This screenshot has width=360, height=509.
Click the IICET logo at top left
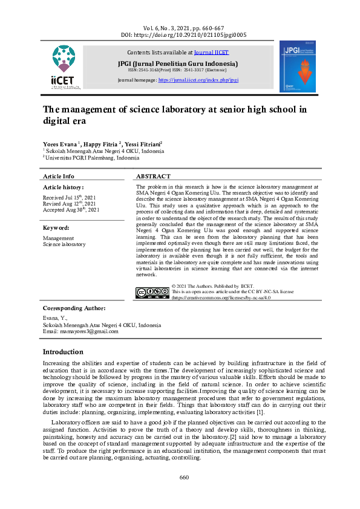click(65, 66)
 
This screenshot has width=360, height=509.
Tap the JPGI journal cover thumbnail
click(297, 66)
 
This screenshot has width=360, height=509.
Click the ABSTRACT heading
click(151, 176)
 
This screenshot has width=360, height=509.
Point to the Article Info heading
click(59, 176)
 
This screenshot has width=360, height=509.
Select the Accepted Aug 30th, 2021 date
click(70, 210)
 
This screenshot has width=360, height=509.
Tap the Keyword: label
click(56, 228)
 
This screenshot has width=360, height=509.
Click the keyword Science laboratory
click(64, 244)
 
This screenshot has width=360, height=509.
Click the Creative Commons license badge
click(152, 293)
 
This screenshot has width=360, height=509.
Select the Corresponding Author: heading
click(74, 308)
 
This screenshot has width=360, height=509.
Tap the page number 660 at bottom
click(184, 478)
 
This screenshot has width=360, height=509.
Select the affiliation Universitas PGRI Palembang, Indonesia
click(94, 157)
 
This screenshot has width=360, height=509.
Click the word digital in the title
click(57, 120)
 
